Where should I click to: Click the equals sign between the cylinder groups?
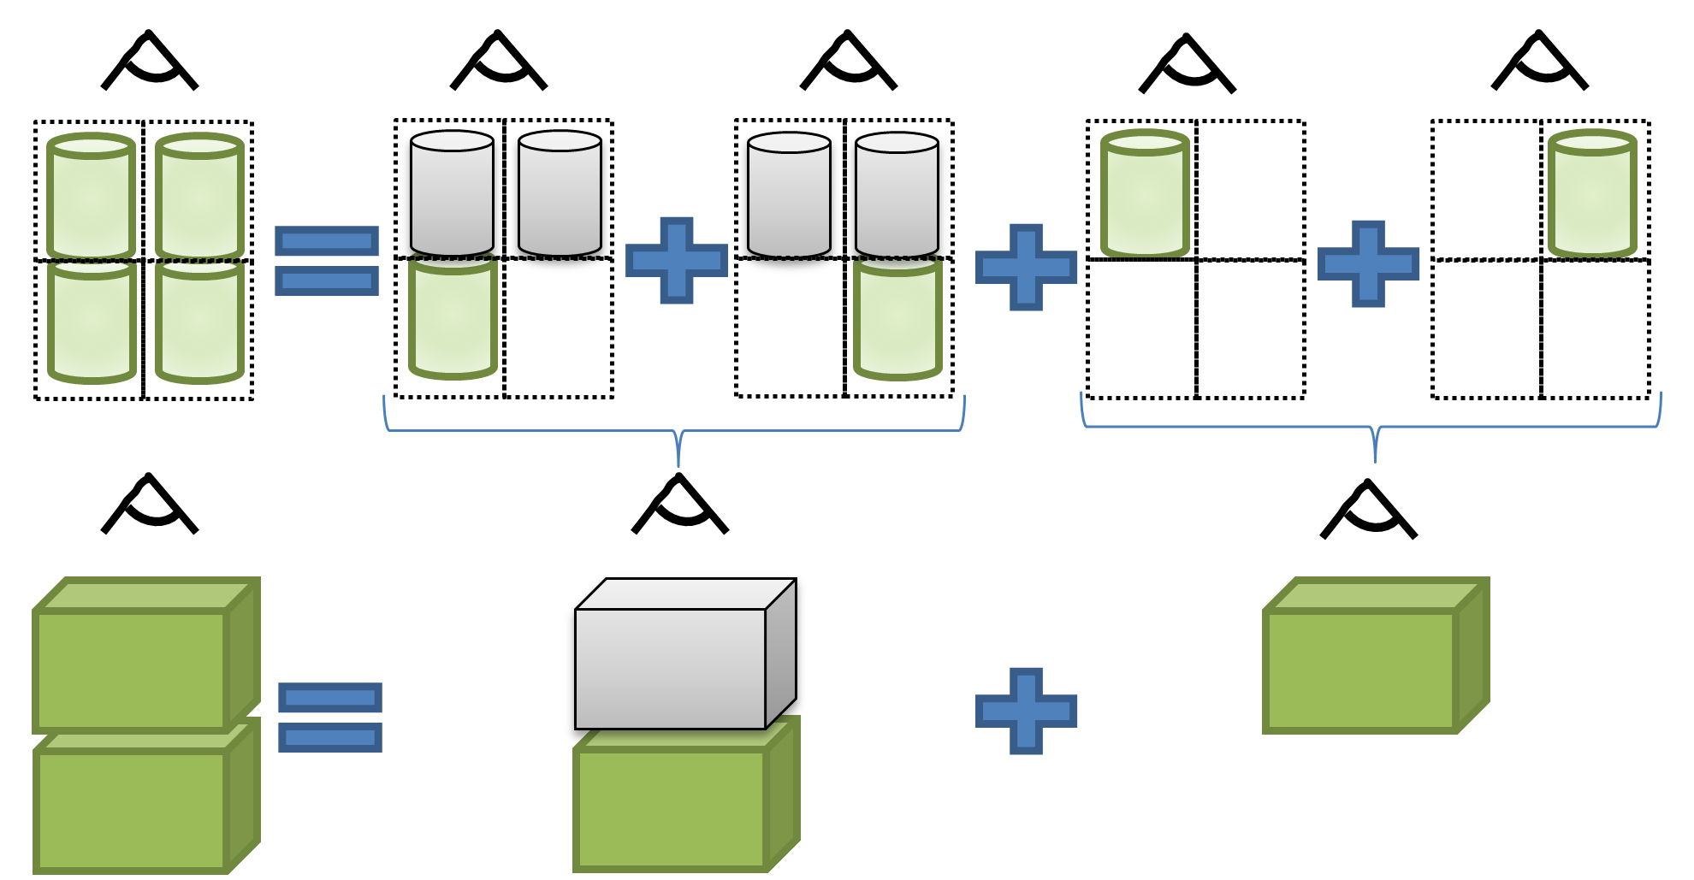coord(327,261)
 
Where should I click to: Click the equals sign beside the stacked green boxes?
coord(330,718)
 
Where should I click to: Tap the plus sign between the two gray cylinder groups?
coord(677,260)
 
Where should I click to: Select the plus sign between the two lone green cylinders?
coord(1368,263)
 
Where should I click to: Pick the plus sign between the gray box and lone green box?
coord(1026,711)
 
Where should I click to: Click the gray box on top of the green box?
coord(672,667)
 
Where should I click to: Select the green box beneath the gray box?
coord(672,808)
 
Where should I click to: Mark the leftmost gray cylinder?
coord(452,195)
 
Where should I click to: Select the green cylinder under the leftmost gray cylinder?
coord(453,321)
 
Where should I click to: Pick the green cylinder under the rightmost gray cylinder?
coord(897,321)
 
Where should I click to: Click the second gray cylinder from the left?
coord(560,195)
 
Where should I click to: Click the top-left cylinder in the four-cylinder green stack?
coord(92,198)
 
